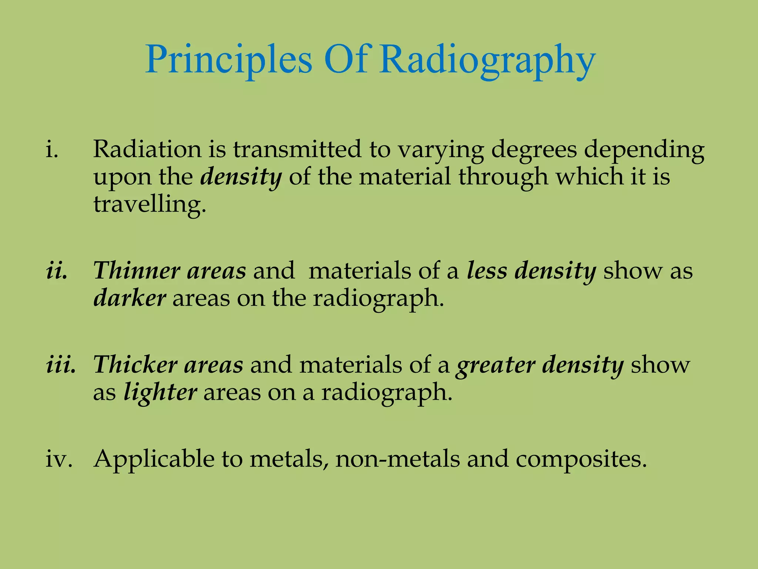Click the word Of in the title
point(346,59)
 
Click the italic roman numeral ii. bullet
point(56,271)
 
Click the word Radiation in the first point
point(147,149)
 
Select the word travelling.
point(149,204)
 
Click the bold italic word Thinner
point(136,271)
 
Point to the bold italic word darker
point(130,298)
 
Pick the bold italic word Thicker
point(135,365)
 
